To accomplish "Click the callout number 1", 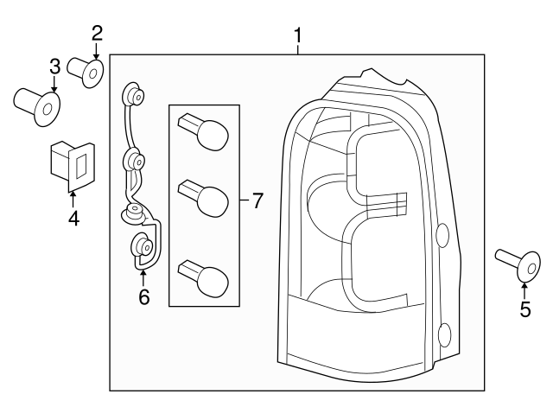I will (x=297, y=35).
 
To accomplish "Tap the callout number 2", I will (x=97, y=34).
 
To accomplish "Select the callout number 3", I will (x=54, y=66).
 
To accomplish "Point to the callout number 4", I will (x=73, y=219).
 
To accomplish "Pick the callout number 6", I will (x=143, y=296).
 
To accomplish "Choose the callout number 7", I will (x=257, y=200).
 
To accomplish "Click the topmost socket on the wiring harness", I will (x=131, y=92).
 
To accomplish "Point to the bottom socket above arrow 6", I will (x=141, y=247).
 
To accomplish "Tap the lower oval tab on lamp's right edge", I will (x=445, y=334).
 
